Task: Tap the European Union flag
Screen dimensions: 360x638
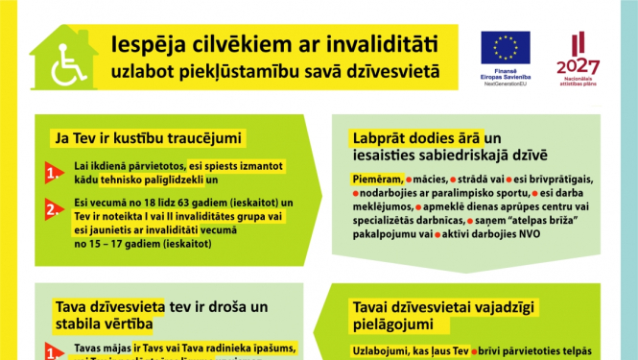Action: pyautogui.click(x=506, y=48)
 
